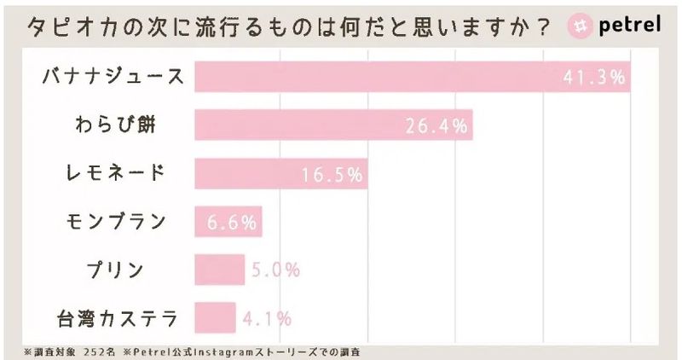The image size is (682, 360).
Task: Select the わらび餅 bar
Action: click(x=332, y=126)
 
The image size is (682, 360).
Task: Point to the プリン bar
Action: click(x=219, y=270)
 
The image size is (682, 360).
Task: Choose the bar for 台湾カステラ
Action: click(x=215, y=319)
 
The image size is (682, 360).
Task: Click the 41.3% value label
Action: click(x=595, y=78)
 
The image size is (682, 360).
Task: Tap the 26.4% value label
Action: click(x=436, y=126)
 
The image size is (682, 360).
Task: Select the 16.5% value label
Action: click(x=332, y=175)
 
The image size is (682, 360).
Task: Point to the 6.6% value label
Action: click(x=232, y=224)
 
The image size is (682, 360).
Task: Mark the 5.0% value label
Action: click(x=275, y=270)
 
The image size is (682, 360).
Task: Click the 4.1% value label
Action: click(x=266, y=319)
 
